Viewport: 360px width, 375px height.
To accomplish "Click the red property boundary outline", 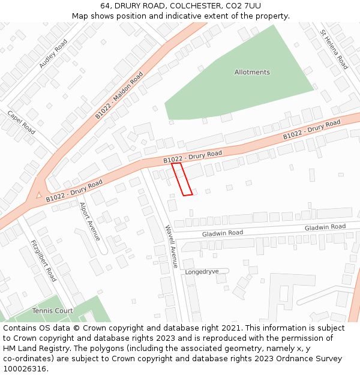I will tap(182, 179).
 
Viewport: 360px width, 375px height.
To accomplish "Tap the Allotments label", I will tap(252, 72).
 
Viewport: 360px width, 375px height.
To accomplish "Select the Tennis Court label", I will tap(53, 311).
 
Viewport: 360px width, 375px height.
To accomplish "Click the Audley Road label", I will tap(53, 53).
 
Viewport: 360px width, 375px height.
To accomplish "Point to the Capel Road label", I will tap(22, 122).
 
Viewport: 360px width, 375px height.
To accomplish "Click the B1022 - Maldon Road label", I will tap(119, 95).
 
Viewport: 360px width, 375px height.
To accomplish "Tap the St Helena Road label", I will tap(334, 50).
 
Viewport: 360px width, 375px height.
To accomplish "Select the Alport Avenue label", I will tap(89, 221).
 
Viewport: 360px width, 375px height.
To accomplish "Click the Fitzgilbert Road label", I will tap(43, 260).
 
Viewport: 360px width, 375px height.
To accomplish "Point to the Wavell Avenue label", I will tap(172, 246).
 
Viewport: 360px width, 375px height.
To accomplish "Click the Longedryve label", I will tap(202, 272).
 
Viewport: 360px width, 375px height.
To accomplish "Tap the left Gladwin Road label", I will tap(223, 233).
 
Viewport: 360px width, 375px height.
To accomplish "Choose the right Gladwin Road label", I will tap(325, 227).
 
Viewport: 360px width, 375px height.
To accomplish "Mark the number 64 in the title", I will tap(106, 5).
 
